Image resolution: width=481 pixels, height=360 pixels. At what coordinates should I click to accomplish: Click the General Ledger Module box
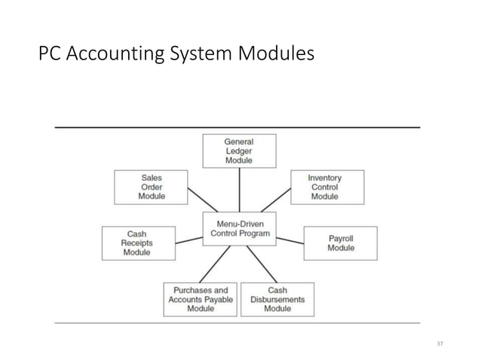tap(239, 151)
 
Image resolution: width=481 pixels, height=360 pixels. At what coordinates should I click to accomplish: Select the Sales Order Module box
tap(151, 187)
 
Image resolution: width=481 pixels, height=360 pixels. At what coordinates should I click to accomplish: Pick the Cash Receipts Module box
tap(136, 243)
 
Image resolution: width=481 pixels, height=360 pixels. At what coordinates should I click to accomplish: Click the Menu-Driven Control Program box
tap(239, 228)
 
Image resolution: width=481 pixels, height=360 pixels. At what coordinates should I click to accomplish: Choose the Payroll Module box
tap(340, 243)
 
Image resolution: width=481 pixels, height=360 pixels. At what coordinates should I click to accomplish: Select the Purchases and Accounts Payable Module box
tap(200, 299)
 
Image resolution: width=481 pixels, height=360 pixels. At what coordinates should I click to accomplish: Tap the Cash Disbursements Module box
tap(277, 299)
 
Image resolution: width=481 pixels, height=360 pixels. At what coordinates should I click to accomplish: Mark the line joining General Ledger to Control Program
tap(239, 189)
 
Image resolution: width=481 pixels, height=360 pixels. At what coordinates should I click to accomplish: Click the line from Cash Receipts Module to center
tap(188, 236)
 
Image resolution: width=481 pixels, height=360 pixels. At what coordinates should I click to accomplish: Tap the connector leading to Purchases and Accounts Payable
tap(216, 264)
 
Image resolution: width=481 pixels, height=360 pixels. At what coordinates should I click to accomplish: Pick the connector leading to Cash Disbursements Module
tap(260, 264)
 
